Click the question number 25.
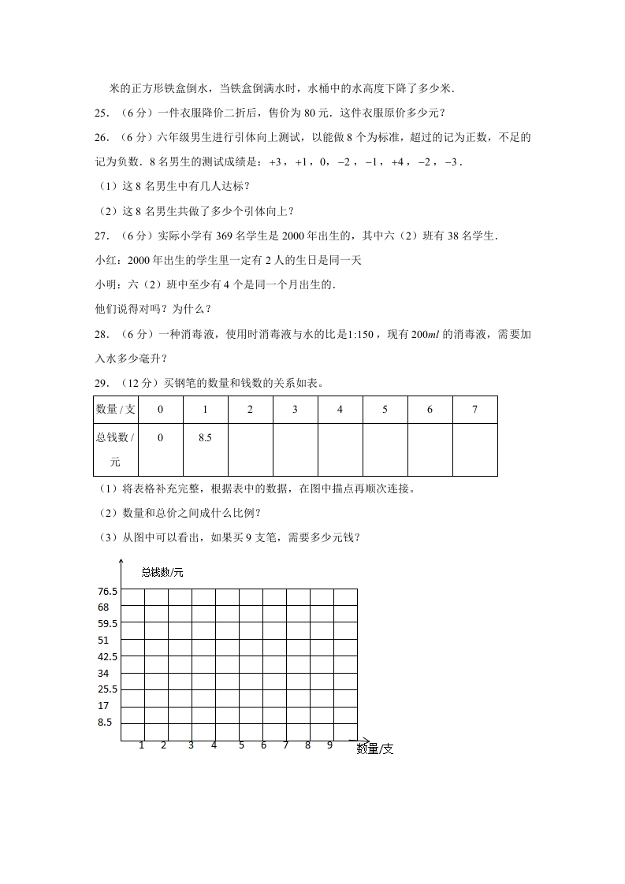click(101, 113)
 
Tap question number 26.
click(101, 138)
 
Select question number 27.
click(101, 236)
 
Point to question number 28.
click(101, 335)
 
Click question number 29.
click(101, 384)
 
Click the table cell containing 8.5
click(205, 438)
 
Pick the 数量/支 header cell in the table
click(116, 410)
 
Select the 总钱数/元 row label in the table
click(116, 449)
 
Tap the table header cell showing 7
click(474, 410)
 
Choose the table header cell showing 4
click(340, 410)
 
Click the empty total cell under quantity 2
click(250, 449)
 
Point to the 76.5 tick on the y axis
click(108, 592)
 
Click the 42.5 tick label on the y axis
click(108, 657)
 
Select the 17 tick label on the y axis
click(103, 706)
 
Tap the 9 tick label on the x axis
click(329, 745)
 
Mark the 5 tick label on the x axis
click(241, 745)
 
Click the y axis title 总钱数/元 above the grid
click(162, 573)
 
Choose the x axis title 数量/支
click(374, 749)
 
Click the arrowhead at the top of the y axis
click(120, 560)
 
